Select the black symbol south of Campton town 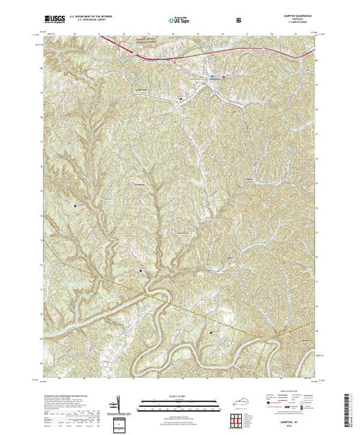tap(182, 99)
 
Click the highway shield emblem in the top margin tap(238, 19)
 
